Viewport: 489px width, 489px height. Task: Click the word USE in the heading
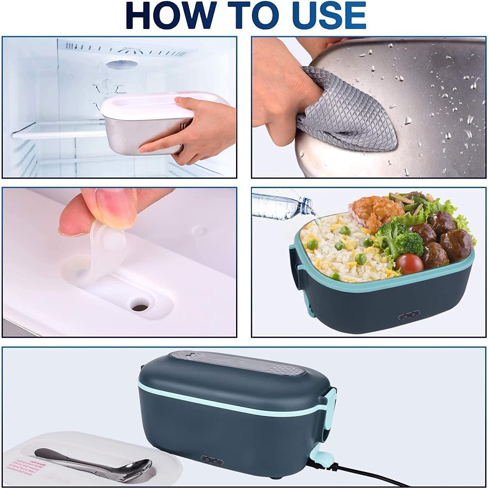coord(329,15)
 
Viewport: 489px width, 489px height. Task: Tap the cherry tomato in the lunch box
coord(409,263)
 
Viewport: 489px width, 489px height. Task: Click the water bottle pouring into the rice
coord(280,205)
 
